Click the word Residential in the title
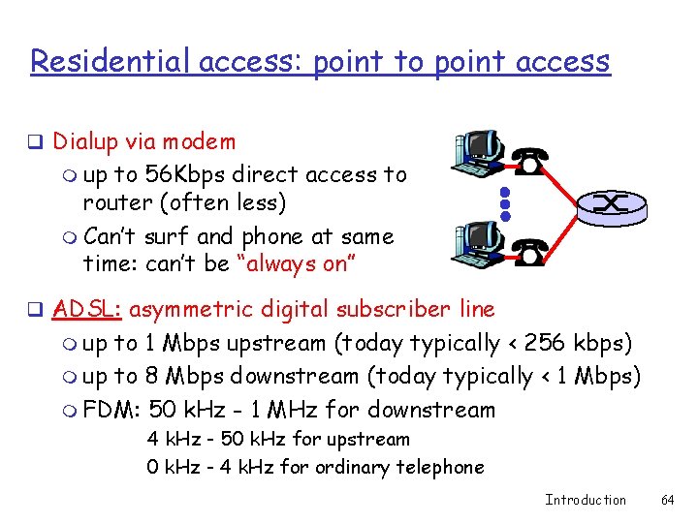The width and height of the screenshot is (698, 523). tap(111, 61)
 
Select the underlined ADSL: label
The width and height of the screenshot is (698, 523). tap(87, 310)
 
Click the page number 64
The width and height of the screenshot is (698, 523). tap(667, 500)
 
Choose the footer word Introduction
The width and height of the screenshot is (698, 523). tap(586, 500)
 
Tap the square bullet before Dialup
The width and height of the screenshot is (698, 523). tap(34, 143)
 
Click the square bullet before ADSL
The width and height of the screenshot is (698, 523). tap(34, 311)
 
